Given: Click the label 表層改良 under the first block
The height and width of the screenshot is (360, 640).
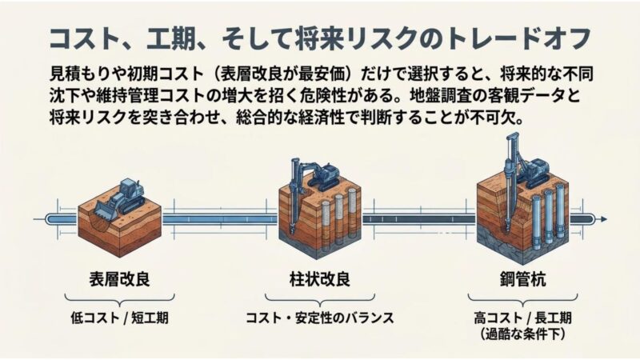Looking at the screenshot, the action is pos(119,279).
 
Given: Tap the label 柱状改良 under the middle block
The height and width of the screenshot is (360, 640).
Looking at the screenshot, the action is pos(319,279).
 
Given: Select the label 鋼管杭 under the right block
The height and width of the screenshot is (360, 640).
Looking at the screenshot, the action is pos(523,279).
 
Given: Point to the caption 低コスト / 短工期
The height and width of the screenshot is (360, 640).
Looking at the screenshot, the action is pos(119,318).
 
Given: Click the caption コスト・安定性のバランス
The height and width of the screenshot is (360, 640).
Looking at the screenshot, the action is pos(319,318).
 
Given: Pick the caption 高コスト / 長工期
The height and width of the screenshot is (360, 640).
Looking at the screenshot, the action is pos(523,318).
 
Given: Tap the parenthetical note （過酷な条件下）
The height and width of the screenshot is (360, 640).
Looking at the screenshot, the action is pos(523,334).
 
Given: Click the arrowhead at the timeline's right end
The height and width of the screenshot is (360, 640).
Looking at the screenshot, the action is pos(603,219).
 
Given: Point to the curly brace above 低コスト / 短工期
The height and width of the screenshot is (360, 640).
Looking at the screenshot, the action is pos(119,300).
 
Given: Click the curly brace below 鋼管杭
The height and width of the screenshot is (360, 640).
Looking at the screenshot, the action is pos(523,300).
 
